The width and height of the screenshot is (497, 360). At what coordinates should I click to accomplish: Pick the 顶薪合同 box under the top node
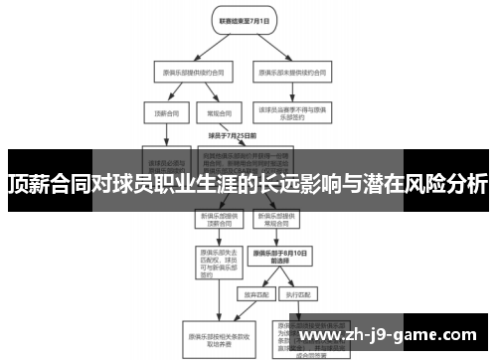click(160, 113)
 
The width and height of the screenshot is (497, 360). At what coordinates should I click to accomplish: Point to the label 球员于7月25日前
click(233, 134)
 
